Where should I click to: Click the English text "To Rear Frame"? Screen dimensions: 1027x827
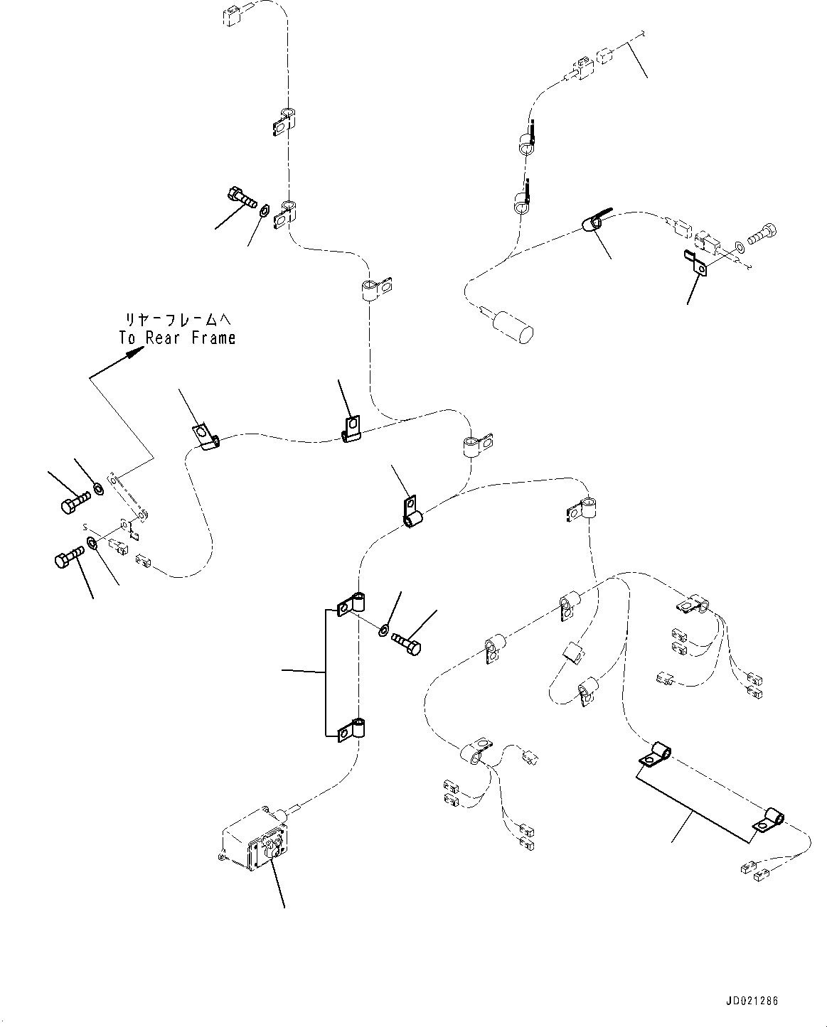(177, 338)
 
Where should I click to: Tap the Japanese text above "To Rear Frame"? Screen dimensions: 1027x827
(177, 320)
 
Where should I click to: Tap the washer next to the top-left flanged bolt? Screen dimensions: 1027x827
(265, 210)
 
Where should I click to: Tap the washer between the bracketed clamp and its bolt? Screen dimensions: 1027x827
(384, 629)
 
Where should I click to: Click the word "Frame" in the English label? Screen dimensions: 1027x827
(213, 338)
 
